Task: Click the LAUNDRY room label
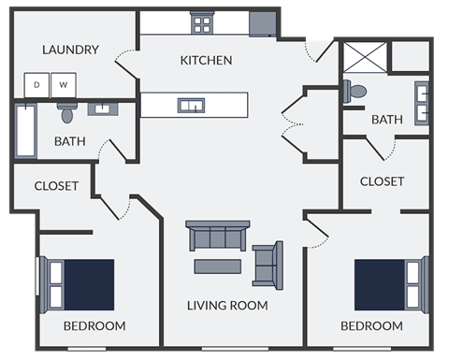pyautogui.click(x=71, y=50)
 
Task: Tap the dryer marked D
pyautogui.click(x=37, y=85)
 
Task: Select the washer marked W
pyautogui.click(x=65, y=85)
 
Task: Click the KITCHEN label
pyautogui.click(x=206, y=60)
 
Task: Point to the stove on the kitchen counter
pyautogui.click(x=202, y=23)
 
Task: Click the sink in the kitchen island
pyautogui.click(x=191, y=105)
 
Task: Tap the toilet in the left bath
pyautogui.click(x=66, y=112)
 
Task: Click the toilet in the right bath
pyautogui.click(x=355, y=92)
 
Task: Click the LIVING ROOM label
pyautogui.click(x=227, y=306)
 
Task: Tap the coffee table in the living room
pyautogui.click(x=218, y=266)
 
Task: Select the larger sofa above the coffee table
pyautogui.click(x=218, y=236)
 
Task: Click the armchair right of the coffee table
pyautogui.click(x=268, y=265)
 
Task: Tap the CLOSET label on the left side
pyautogui.click(x=56, y=186)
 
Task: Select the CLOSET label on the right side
pyautogui.click(x=382, y=181)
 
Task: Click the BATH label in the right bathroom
pyautogui.click(x=386, y=120)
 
